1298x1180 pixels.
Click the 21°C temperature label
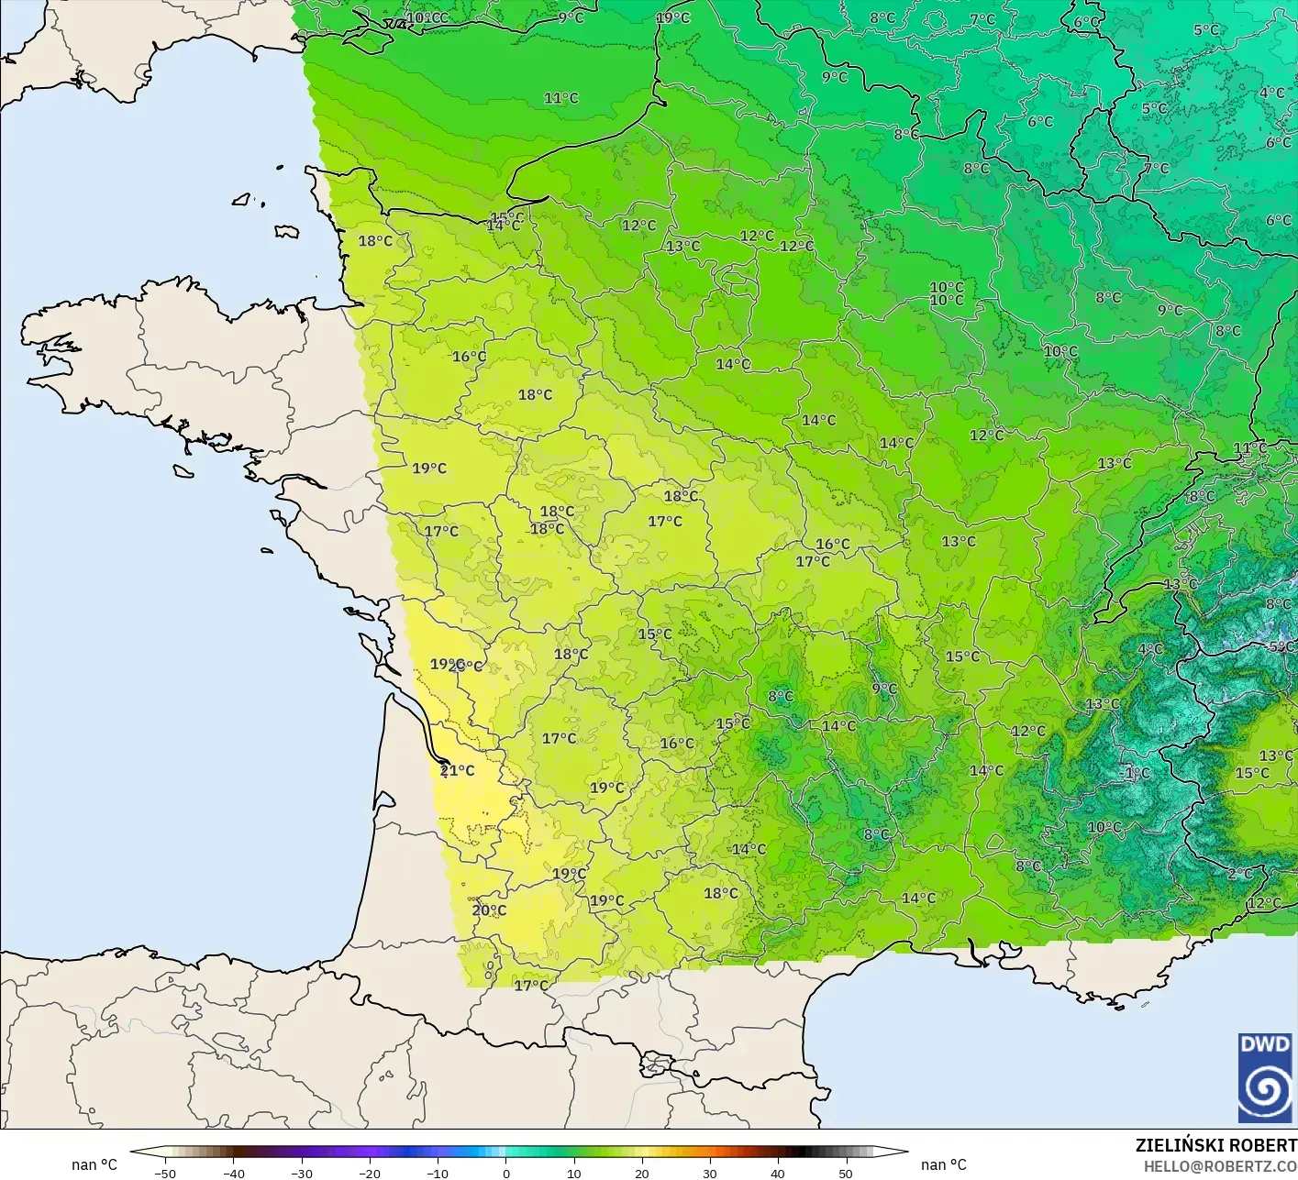[458, 771]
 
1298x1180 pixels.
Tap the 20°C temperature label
[489, 910]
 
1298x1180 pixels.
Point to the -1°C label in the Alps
[1136, 773]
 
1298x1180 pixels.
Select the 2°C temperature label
[1239, 874]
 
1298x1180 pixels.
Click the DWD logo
[1265, 1077]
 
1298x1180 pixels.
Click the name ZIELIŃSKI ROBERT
[1215, 1145]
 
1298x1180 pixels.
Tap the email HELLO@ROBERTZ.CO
[1220, 1166]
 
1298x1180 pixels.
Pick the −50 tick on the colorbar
[165, 1173]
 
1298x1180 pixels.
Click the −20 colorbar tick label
[369, 1173]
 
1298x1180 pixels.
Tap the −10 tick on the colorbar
[437, 1173]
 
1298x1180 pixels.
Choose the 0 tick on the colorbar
[505, 1173]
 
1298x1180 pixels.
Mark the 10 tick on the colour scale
[573, 1173]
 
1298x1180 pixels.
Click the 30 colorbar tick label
[709, 1173]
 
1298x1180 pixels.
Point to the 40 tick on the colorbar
[777, 1173]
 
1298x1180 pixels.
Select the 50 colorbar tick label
[845, 1173]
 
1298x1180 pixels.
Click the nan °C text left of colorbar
[94, 1164]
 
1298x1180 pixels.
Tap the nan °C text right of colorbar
[944, 1164]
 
